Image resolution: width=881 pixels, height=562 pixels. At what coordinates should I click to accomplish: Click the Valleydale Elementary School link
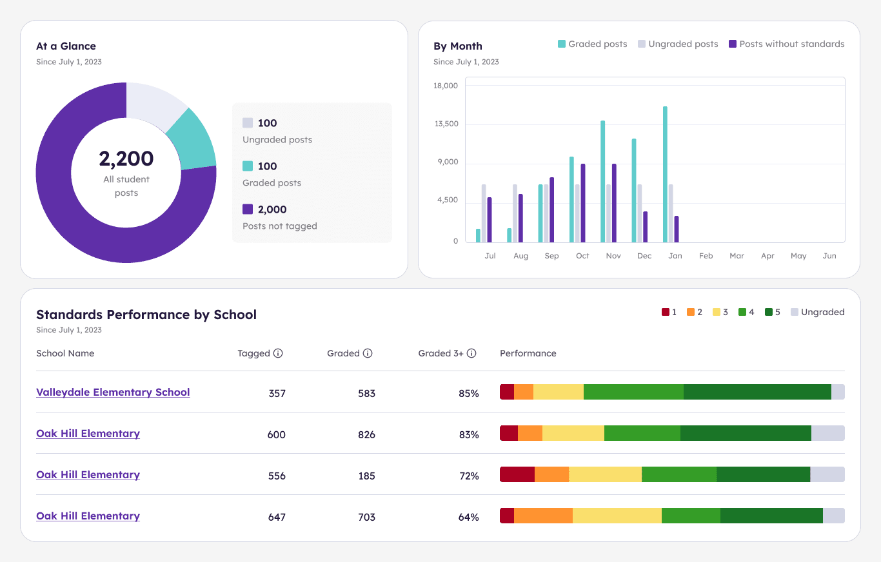tap(113, 392)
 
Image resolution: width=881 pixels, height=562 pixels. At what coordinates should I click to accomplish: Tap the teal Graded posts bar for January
tap(665, 174)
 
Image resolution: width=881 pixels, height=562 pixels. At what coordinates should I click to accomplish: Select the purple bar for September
tap(551, 209)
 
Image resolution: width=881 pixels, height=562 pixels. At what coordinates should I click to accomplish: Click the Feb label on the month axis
tap(706, 256)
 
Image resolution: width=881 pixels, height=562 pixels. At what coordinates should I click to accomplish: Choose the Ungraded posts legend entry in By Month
tap(678, 44)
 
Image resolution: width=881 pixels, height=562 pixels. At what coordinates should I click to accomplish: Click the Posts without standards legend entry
tap(786, 44)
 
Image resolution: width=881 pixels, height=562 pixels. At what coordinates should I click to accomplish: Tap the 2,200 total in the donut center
tap(126, 159)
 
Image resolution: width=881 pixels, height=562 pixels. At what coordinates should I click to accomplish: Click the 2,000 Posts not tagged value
tap(272, 209)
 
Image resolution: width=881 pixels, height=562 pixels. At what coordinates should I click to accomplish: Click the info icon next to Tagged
tap(278, 353)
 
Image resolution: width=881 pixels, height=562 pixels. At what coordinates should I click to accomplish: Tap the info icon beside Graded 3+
tap(471, 353)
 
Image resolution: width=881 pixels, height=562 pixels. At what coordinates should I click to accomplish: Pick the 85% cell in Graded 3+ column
tap(469, 393)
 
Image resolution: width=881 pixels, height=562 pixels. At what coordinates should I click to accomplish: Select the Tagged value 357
tap(277, 393)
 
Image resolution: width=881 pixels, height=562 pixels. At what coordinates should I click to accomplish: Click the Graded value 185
tap(366, 476)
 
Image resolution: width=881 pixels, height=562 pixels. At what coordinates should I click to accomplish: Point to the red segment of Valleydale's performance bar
tap(507, 392)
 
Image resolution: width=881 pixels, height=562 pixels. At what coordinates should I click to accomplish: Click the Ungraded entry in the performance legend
tap(817, 312)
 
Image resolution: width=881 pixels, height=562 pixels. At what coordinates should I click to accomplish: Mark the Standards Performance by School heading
tap(146, 315)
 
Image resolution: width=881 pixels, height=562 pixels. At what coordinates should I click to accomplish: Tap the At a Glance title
tap(66, 46)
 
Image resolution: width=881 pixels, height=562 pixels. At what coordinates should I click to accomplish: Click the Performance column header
tap(528, 353)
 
